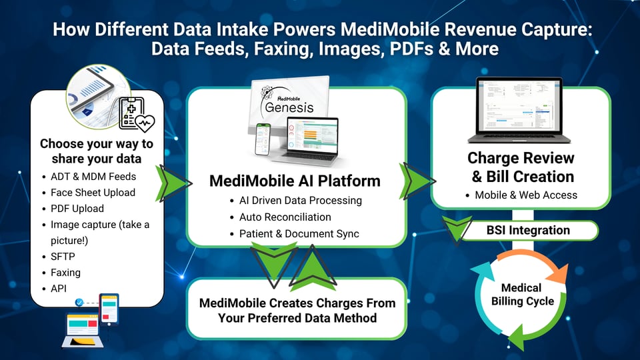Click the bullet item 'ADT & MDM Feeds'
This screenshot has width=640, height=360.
click(93, 177)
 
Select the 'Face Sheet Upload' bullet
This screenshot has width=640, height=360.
click(93, 193)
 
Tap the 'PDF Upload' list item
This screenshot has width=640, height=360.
click(77, 209)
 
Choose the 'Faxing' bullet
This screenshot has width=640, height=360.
click(65, 273)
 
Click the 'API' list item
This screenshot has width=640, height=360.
click(59, 289)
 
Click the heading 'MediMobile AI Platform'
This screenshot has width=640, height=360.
click(295, 181)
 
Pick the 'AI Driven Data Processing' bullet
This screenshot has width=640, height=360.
click(300, 201)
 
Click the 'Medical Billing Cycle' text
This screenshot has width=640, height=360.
click(522, 295)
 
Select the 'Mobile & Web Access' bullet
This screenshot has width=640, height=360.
click(526, 195)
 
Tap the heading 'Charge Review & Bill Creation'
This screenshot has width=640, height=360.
click(521, 167)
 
